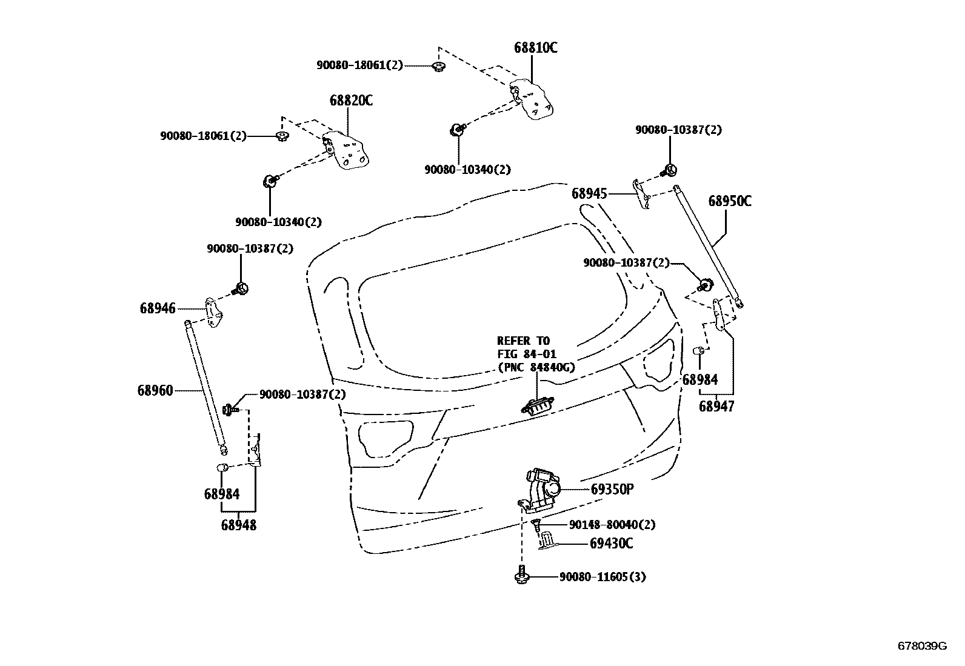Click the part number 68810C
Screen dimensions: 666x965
pos(535,48)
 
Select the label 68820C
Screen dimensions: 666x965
pos(351,101)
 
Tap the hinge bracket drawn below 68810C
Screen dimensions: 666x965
pos(533,99)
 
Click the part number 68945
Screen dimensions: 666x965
pos(589,193)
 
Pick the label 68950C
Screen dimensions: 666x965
pos(730,201)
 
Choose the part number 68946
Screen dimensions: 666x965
pos(158,308)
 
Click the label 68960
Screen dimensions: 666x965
pos(155,390)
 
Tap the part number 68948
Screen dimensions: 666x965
pos(238,525)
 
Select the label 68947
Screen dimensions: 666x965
pos(716,406)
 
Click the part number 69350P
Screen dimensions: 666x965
pos(612,489)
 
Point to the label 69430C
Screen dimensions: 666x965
pos(611,544)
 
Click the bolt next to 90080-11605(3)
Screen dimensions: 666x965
pos(521,575)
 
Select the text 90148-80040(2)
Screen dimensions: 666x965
pos(612,525)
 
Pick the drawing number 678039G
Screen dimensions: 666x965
pos(922,646)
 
